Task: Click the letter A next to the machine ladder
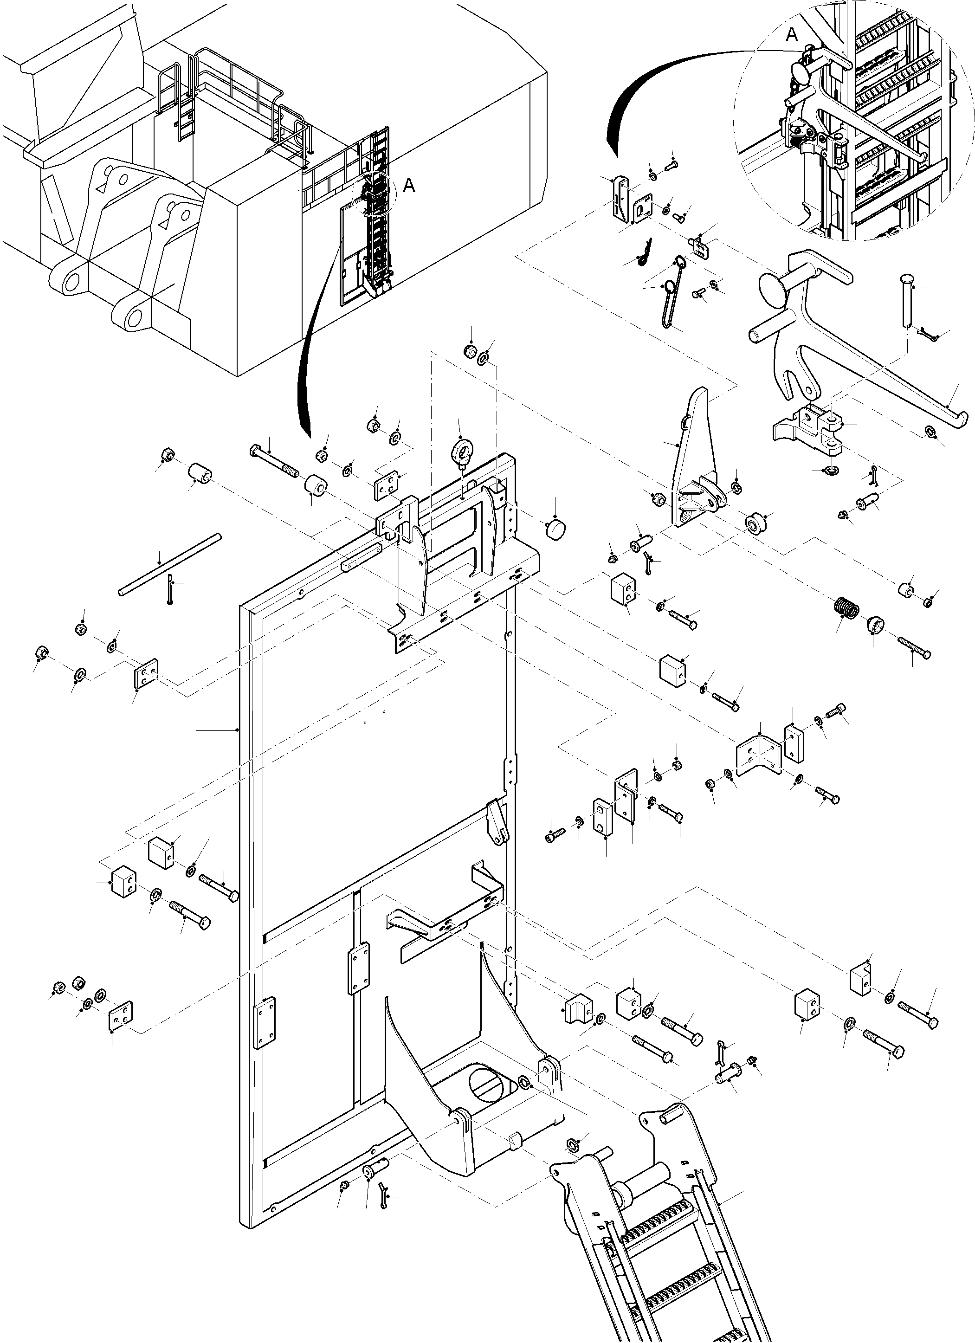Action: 408,186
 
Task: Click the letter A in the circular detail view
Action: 792,36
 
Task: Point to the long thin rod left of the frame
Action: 169,564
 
